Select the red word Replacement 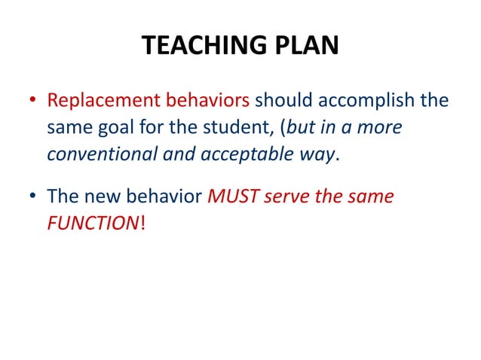coord(97,101)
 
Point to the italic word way coord(314,154)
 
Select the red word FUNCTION coord(93,225)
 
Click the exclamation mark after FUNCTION coord(142,225)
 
